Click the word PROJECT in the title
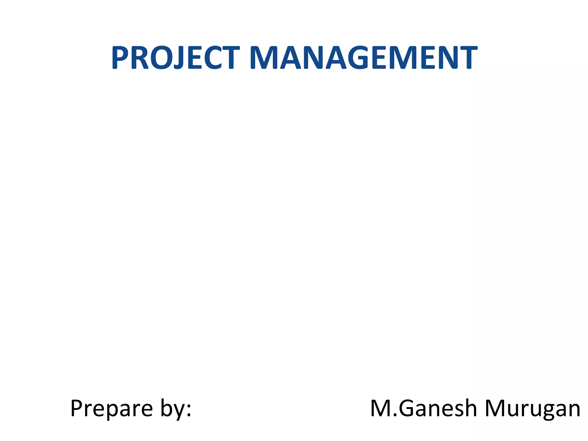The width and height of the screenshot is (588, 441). pos(175,58)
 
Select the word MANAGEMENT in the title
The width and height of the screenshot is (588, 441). pos(363,58)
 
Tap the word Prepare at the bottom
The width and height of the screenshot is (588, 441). pos(111,409)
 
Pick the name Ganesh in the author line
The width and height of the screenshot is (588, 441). pos(438,408)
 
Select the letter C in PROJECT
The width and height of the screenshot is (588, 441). pos(212,58)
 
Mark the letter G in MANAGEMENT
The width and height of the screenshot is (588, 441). pos(359,58)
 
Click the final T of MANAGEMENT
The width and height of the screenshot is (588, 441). pos(467,58)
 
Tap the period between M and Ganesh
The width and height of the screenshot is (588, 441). pos(395,416)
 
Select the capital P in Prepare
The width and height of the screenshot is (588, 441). pos(78,408)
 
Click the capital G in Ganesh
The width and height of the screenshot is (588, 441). pos(408,408)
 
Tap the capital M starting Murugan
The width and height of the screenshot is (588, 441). pos(496,408)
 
